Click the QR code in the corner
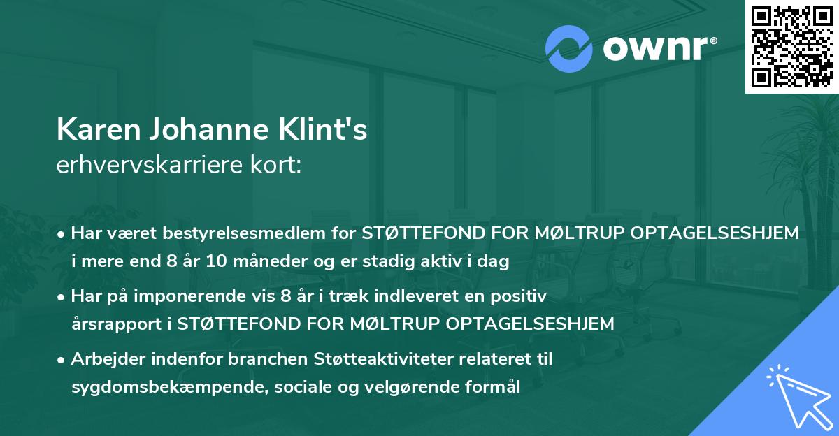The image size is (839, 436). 791,47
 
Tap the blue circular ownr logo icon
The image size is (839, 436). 568,49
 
